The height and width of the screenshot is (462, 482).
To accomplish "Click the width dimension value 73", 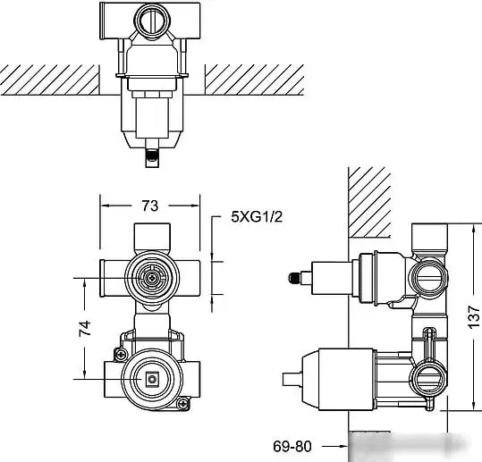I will coord(149,206).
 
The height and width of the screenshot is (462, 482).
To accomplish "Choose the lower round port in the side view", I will coord(431,375).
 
